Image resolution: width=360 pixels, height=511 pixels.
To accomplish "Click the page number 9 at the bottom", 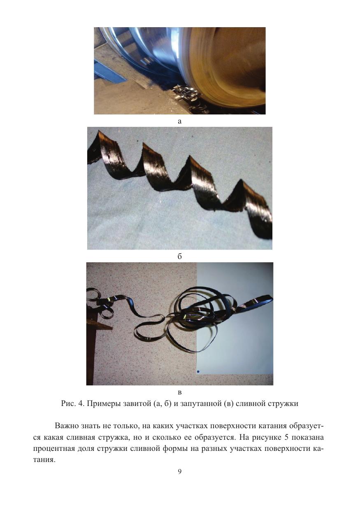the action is click(x=180, y=471).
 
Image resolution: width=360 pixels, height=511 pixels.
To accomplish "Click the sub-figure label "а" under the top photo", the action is click(x=180, y=121).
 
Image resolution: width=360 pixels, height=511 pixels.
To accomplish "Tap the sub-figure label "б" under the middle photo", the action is click(x=180, y=256).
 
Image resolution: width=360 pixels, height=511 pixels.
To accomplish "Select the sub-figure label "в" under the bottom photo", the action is click(x=180, y=392).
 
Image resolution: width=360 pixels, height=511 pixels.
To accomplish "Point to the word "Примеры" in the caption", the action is click(x=104, y=404).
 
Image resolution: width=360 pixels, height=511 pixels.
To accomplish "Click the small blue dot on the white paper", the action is click(x=198, y=371).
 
